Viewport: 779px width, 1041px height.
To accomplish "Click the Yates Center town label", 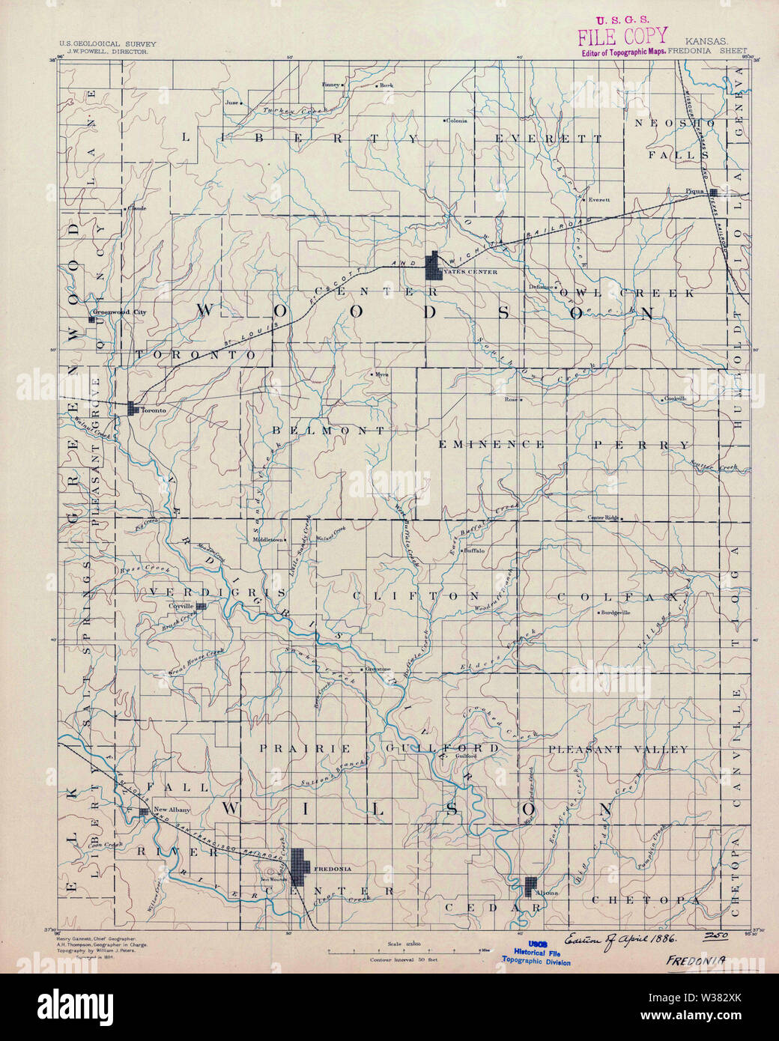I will pyautogui.click(x=469, y=273).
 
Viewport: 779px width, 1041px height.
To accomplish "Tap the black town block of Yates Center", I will pyautogui.click(x=433, y=267).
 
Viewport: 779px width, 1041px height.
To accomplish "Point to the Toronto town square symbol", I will pyautogui.click(x=133, y=408).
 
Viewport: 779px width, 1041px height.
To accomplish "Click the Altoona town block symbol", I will pyautogui.click(x=531, y=886).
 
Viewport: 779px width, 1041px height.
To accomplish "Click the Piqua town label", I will pyautogui.click(x=694, y=192).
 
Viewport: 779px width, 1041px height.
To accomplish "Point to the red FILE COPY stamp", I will pyautogui.click(x=621, y=36).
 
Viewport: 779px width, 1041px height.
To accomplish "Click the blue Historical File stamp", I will pyautogui.click(x=536, y=952).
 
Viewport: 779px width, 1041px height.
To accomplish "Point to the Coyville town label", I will pyautogui.click(x=181, y=606).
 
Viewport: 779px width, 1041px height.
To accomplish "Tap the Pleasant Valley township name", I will pyautogui.click(x=617, y=749).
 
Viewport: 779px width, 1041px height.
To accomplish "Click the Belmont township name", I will pyautogui.click(x=329, y=431).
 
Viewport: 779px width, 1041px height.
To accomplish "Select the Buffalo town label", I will pyautogui.click(x=475, y=550).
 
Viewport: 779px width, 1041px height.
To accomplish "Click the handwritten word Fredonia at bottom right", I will pyautogui.click(x=698, y=959).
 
